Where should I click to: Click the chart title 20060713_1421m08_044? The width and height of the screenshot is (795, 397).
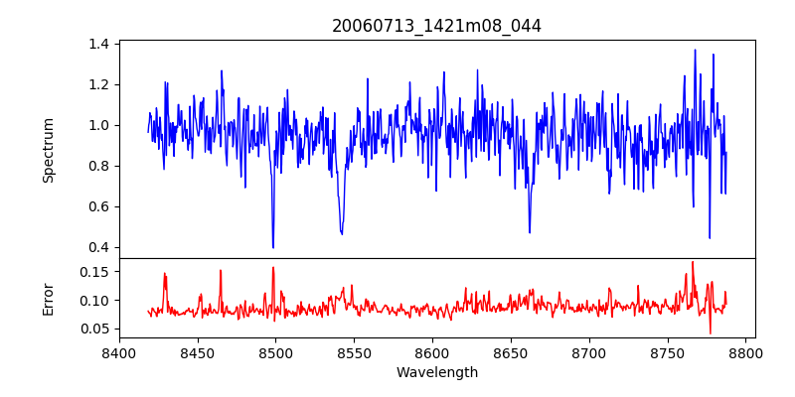coord(436,27)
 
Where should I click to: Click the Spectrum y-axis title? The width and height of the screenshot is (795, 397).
coord(49,150)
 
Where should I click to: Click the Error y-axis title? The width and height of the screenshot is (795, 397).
coord(49,299)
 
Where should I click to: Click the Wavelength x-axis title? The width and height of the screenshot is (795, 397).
coord(436,373)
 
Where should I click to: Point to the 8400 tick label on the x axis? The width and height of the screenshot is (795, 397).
coord(119,352)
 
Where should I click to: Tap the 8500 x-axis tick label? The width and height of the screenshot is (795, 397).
coord(276,352)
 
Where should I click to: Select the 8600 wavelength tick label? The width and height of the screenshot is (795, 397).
coord(433,352)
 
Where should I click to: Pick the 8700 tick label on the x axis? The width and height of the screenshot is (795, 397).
coord(590,352)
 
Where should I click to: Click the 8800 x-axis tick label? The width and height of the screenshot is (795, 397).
coord(747,352)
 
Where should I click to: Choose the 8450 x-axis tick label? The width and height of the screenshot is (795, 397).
coord(198,352)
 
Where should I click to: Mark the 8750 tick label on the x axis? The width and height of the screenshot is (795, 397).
coord(669,352)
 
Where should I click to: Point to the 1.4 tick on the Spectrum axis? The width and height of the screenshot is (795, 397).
coord(98,44)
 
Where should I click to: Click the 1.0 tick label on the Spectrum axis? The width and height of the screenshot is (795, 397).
coord(98,125)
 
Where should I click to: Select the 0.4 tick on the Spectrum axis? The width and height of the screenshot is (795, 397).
coord(98,247)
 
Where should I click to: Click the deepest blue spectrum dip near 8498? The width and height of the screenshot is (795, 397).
coord(273,247)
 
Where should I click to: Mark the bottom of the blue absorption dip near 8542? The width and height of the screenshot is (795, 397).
coord(342,234)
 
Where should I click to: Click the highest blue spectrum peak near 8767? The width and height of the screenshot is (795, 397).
coord(695,50)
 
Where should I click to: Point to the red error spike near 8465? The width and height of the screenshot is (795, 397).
coord(221,270)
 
